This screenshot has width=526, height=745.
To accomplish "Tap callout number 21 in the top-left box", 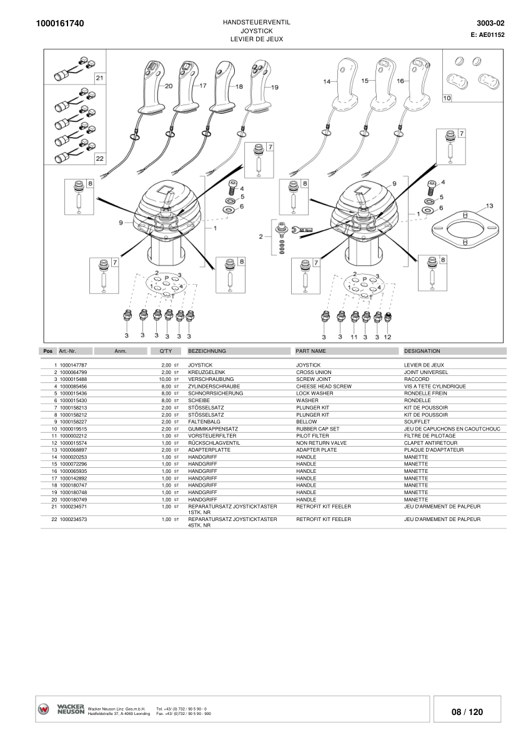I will (x=99, y=78).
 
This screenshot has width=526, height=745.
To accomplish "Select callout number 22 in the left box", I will (x=99, y=158).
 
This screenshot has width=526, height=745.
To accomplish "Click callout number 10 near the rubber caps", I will (x=447, y=98).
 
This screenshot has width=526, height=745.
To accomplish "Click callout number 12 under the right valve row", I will (x=387, y=337).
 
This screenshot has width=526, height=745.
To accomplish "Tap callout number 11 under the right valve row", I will (x=354, y=337).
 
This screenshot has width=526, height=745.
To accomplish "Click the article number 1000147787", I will (x=73, y=364).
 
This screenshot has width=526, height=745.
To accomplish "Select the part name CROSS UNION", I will (x=314, y=372).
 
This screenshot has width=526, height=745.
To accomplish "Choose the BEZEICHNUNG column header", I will (x=207, y=351).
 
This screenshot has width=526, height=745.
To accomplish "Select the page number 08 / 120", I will (x=467, y=712).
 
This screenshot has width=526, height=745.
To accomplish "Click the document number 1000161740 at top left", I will (x=61, y=24).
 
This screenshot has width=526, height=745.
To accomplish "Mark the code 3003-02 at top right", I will (x=490, y=23).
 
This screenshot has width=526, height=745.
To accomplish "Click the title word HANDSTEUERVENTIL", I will (x=256, y=22).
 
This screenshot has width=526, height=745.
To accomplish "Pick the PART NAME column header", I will (x=311, y=351).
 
